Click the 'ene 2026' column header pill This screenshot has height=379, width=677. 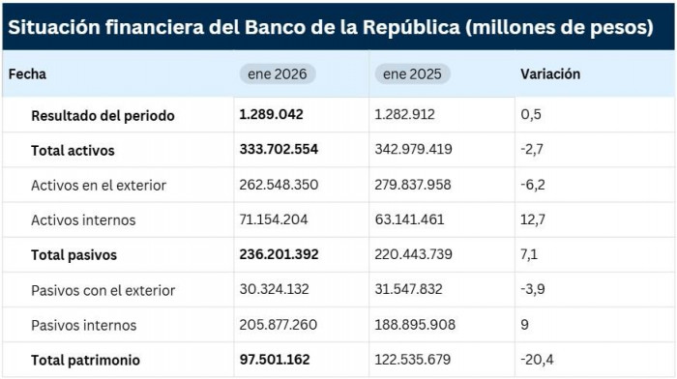tap(278, 74)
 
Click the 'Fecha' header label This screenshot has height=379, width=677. tap(29, 73)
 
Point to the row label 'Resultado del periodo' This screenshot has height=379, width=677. tap(103, 115)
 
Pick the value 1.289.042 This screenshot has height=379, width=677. tap(271, 114)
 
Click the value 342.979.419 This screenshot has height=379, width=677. tap(413, 150)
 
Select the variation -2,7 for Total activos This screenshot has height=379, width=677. tap(532, 150)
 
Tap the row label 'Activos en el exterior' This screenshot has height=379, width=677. tap(99, 185)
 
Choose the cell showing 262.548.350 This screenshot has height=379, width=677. tap(279, 185)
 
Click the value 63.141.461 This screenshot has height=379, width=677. tap(413, 219)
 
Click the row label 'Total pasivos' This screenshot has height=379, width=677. tap(74, 255)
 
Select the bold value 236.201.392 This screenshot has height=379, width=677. tap(279, 255)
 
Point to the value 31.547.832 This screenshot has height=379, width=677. tap(413, 290)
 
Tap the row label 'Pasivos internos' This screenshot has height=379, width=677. tap(83, 325)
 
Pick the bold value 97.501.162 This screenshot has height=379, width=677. tap(275, 360)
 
